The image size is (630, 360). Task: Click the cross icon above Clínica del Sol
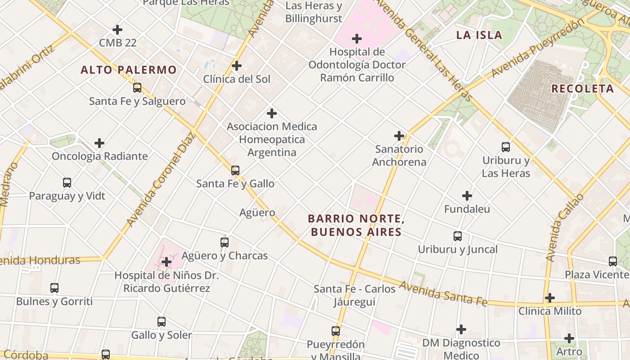point(237,66)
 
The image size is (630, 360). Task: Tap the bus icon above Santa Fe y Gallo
point(235,170)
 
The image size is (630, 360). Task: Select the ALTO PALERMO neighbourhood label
point(129,70)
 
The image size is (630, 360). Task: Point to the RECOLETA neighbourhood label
point(583,89)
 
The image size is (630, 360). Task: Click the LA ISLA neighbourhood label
point(479,35)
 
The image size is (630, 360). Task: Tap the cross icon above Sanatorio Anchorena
point(399,135)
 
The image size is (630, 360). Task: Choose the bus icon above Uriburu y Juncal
point(458,236)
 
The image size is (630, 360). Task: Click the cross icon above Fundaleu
point(467,196)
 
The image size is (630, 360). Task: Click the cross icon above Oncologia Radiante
point(99,143)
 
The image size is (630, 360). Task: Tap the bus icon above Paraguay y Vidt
point(67,183)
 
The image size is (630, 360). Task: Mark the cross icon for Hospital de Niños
point(166,261)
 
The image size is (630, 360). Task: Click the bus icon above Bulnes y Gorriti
point(54,288)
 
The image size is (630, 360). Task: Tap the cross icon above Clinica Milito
point(550,298)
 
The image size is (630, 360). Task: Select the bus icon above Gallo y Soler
point(162,322)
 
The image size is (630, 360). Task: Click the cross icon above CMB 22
point(117,30)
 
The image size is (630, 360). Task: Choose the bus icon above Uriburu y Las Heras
point(506,147)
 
